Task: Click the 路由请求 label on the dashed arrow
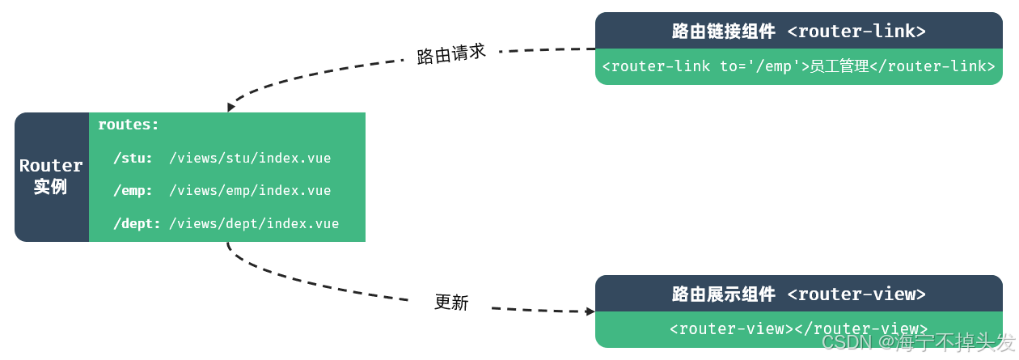click(451, 54)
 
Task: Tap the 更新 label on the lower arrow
click(451, 303)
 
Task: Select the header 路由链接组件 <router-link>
click(798, 32)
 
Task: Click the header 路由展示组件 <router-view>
click(798, 294)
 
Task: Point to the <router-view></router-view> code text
click(798, 328)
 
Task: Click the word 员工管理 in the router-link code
click(839, 66)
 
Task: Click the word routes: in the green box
click(129, 125)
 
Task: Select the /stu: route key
click(133, 158)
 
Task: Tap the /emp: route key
click(133, 191)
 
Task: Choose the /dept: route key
click(137, 224)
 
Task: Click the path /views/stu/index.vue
click(250, 158)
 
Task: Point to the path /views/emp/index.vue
click(250, 191)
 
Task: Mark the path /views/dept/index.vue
click(254, 224)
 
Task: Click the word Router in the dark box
click(51, 166)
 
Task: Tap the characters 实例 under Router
click(50, 187)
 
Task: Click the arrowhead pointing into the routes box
click(230, 107)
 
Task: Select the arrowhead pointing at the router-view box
click(590, 311)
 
